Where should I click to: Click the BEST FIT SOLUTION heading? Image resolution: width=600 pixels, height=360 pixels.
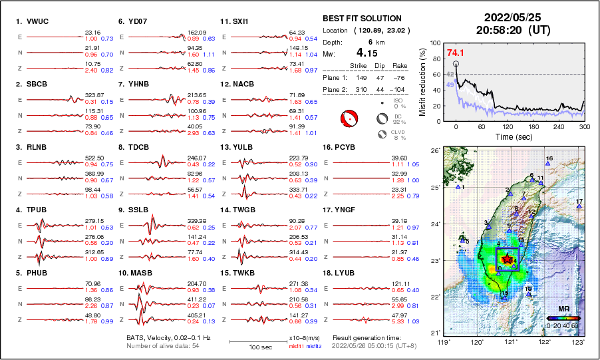click(x=362, y=19)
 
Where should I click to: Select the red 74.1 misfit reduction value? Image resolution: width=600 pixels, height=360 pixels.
click(x=456, y=53)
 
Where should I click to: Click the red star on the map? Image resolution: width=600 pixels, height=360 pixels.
click(x=507, y=258)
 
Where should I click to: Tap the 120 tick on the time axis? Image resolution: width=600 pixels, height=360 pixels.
click(x=508, y=126)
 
